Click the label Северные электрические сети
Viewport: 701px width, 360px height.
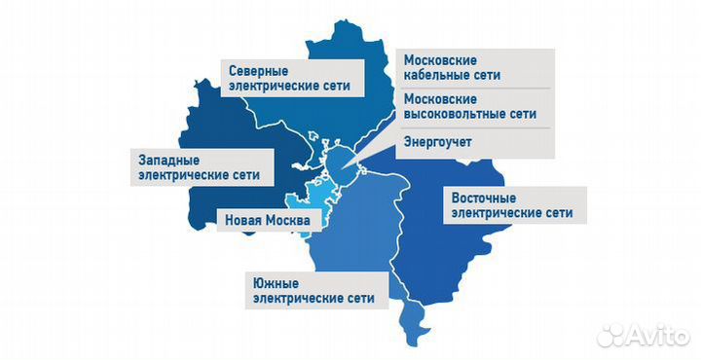pos(289,79)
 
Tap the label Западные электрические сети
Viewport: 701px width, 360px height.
pos(201,166)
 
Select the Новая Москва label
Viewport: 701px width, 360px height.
pos(267,221)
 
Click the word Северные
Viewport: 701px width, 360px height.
pos(257,70)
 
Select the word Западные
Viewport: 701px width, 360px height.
pos(165,158)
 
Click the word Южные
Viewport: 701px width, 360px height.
pos(276,281)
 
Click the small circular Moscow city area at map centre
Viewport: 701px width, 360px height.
pos(338,161)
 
